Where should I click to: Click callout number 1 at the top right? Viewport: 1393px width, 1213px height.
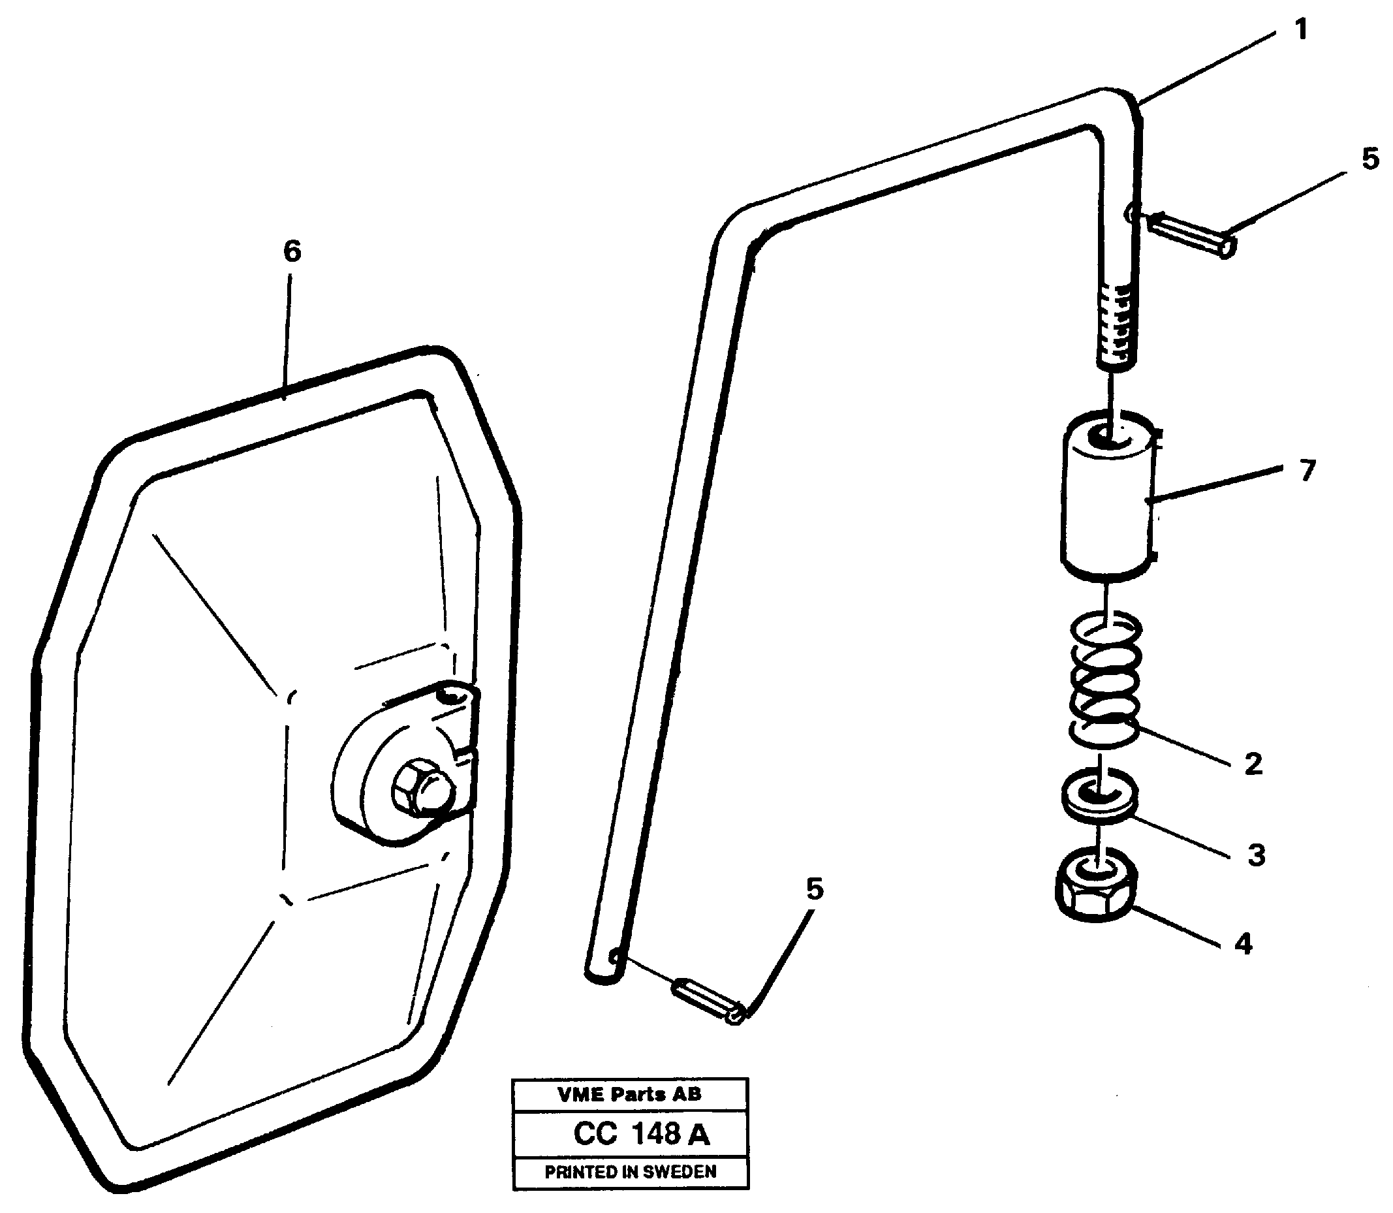1300,31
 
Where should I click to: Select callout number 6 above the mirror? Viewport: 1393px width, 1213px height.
292,252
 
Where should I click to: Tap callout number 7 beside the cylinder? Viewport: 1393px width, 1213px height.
1307,470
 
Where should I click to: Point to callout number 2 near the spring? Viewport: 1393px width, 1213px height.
1253,764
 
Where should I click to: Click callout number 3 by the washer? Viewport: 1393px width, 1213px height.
1256,855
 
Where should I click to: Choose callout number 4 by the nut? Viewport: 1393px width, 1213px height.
1244,943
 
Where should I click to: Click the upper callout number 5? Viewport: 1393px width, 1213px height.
1370,160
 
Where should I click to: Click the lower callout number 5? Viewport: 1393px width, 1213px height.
814,889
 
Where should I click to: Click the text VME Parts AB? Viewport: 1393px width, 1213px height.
629,1095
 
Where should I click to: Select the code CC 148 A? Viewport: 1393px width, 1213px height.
641,1134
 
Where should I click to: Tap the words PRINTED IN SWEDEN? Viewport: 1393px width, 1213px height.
630,1173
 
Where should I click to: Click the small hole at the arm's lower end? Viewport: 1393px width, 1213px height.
615,956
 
